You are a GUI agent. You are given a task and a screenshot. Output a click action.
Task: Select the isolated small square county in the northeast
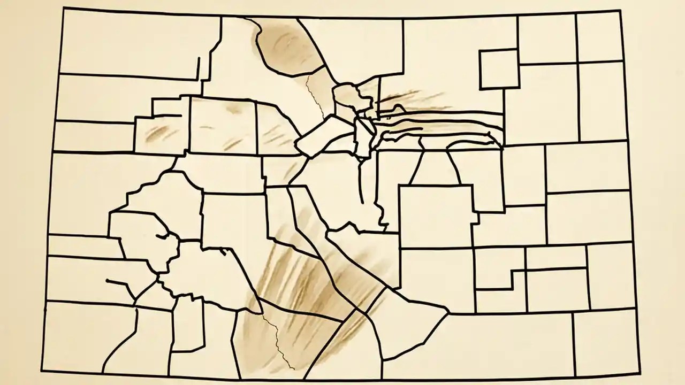point(499,68)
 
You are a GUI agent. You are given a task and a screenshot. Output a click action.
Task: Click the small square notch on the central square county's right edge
point(475,218)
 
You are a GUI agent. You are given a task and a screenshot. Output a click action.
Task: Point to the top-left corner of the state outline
point(63,9)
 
